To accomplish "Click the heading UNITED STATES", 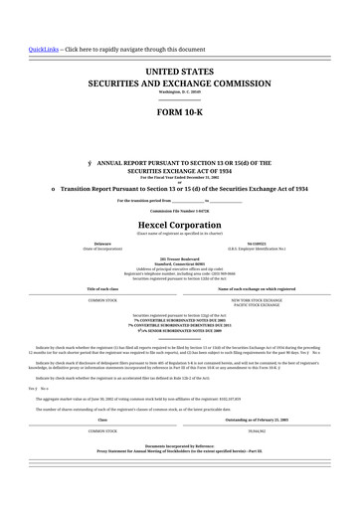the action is [x=179, y=73].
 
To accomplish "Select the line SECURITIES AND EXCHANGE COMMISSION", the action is [x=179, y=85].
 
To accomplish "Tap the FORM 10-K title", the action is [x=179, y=112].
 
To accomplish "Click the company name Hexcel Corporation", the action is [x=179, y=225].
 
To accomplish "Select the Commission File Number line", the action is [x=179, y=212].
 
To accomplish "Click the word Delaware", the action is [x=102, y=243].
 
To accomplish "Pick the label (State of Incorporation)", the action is [x=102, y=248].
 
